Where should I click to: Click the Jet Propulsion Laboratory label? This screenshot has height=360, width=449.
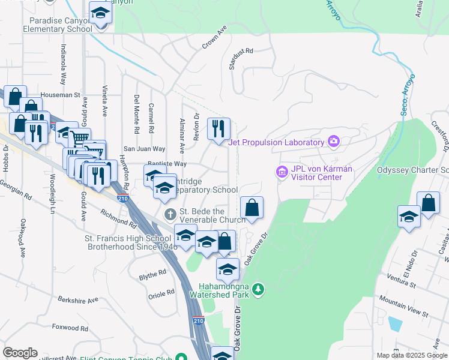[276, 142]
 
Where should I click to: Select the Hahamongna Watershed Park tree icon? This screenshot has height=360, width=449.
[258, 290]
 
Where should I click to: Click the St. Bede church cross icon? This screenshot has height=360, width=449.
[170, 214]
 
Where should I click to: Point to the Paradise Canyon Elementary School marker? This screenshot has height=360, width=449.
[101, 12]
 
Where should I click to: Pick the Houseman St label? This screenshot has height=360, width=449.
[60, 95]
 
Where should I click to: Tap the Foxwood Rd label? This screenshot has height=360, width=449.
[70, 328]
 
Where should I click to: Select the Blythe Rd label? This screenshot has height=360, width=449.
[152, 273]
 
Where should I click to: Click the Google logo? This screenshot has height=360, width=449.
[20, 353]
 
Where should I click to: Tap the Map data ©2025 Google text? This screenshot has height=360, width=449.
[411, 355]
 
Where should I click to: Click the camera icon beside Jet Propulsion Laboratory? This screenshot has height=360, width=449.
[334, 142]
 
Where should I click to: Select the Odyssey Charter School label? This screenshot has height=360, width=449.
[412, 170]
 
